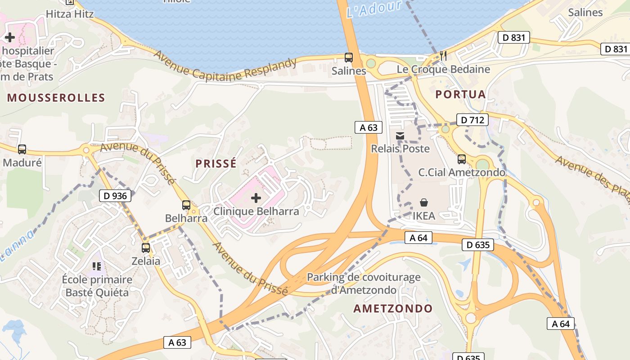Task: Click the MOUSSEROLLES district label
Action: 56,98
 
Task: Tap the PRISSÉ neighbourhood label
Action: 216,163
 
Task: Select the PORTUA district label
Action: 460,94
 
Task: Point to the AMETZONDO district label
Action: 393,309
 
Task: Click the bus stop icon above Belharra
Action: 186,205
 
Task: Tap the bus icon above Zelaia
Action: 146,247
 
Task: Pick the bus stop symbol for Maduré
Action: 22,149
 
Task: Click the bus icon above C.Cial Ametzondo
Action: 462,159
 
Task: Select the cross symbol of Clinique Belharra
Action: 256,198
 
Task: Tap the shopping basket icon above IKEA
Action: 424,202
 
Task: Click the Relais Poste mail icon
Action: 400,135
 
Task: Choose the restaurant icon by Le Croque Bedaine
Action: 443,56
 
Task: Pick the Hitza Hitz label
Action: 70,14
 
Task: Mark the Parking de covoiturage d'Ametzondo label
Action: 364,283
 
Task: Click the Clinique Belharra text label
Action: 256,211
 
